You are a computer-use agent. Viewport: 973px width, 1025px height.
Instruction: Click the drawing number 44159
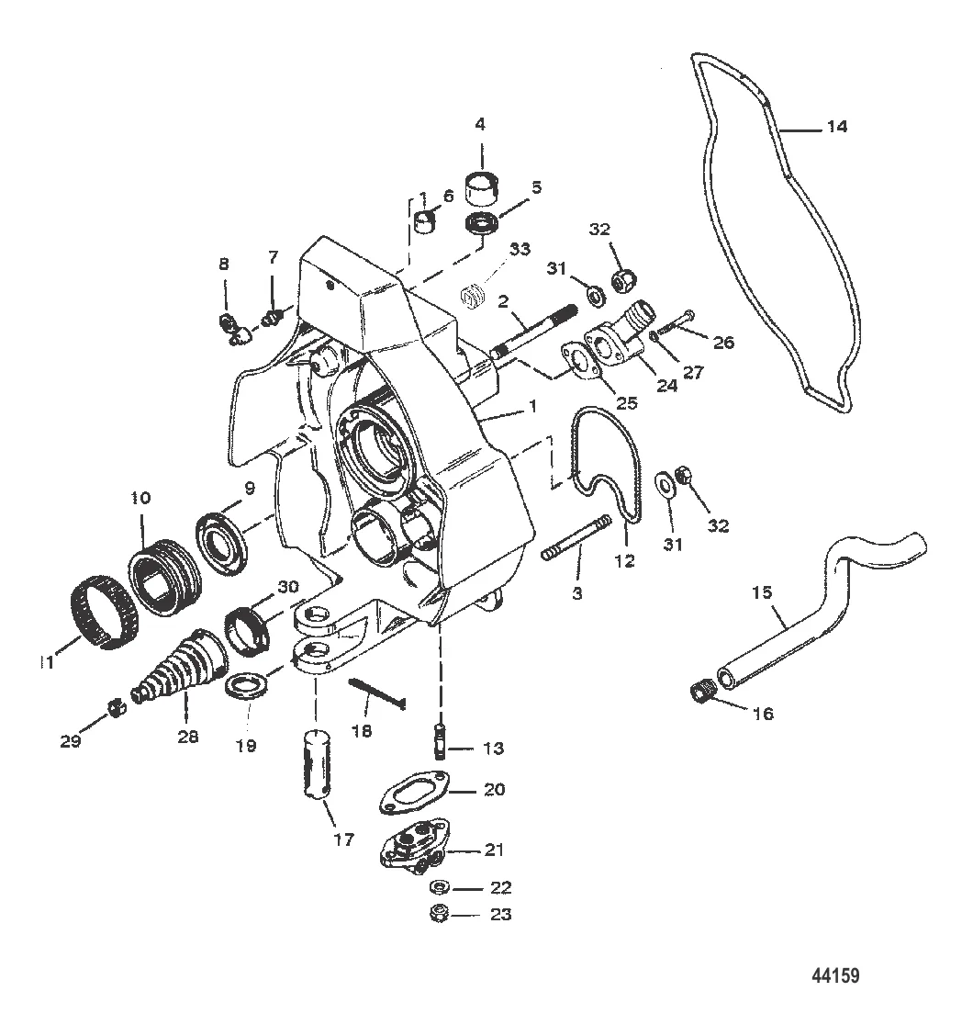point(836,975)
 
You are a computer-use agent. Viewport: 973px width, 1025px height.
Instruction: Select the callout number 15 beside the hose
point(762,592)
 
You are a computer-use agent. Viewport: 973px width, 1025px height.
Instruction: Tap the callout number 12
point(625,560)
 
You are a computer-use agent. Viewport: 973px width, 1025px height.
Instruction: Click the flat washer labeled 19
point(248,688)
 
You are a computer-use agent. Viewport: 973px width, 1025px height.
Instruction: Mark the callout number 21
point(494,850)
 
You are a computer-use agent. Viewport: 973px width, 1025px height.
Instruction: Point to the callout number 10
point(140,498)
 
